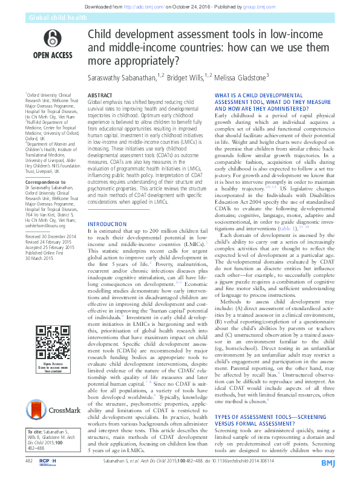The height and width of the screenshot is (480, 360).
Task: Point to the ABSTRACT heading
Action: click(100, 96)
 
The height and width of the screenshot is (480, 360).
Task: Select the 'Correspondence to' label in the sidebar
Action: click(44, 181)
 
